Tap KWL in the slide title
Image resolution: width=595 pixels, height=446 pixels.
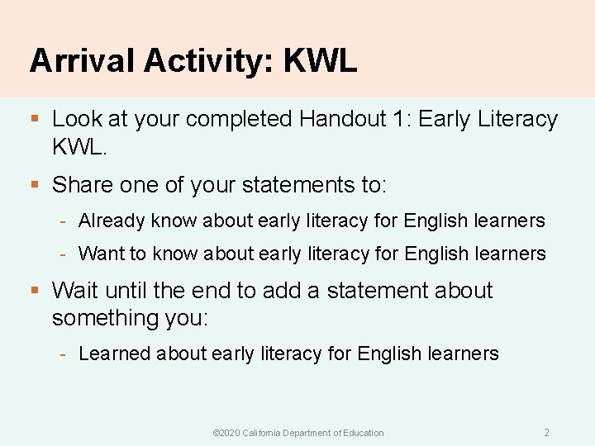[x=320, y=61]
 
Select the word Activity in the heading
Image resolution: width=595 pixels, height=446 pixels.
[x=210, y=61]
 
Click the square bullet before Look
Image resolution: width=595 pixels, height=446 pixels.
[x=35, y=120]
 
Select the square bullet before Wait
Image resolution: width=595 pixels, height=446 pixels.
[x=35, y=291]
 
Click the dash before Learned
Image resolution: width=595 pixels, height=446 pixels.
[x=64, y=354]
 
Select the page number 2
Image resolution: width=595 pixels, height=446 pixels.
[x=546, y=432]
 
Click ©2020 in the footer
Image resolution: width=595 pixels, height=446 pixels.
[x=226, y=433]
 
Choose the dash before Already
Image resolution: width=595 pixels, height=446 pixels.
[x=64, y=221]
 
